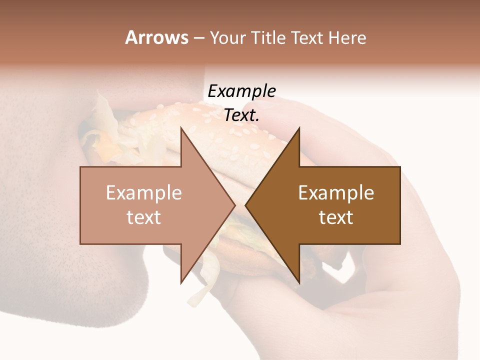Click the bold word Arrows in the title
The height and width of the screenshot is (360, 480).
point(156,37)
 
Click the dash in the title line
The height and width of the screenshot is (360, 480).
point(198,38)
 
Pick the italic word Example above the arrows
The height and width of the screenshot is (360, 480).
point(241,91)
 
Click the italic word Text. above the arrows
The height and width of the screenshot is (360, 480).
point(241,115)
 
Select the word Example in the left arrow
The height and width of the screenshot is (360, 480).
point(143,192)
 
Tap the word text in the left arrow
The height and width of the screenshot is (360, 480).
point(143,217)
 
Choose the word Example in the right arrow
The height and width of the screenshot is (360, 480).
point(336,192)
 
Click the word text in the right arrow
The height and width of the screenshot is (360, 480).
point(336,217)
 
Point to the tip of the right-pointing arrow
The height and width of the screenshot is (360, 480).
point(234,205)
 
